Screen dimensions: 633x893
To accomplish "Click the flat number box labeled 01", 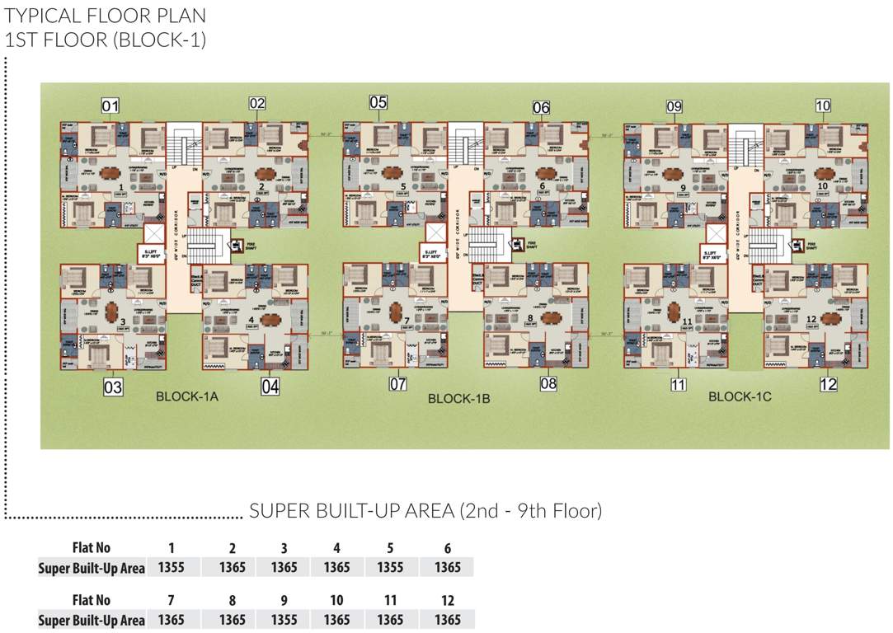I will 110,105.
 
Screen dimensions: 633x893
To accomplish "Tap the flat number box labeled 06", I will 542,108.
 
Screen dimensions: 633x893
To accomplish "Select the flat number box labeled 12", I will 829,384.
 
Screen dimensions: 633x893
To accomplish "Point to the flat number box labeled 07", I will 398,383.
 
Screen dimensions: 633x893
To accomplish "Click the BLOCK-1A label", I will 186,397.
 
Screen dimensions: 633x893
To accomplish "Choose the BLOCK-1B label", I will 459,399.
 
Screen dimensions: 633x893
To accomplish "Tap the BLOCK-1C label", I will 740,397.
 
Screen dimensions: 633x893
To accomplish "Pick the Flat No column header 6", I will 447,548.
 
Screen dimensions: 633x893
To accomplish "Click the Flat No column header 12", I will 447,601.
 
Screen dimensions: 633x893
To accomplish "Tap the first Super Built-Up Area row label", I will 92,568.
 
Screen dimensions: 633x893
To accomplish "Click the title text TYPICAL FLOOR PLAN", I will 106,16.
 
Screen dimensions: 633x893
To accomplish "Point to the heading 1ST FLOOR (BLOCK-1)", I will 106,39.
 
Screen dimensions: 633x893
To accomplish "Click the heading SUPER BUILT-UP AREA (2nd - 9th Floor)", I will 425,511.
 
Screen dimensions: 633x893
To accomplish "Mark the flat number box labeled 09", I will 674,106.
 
